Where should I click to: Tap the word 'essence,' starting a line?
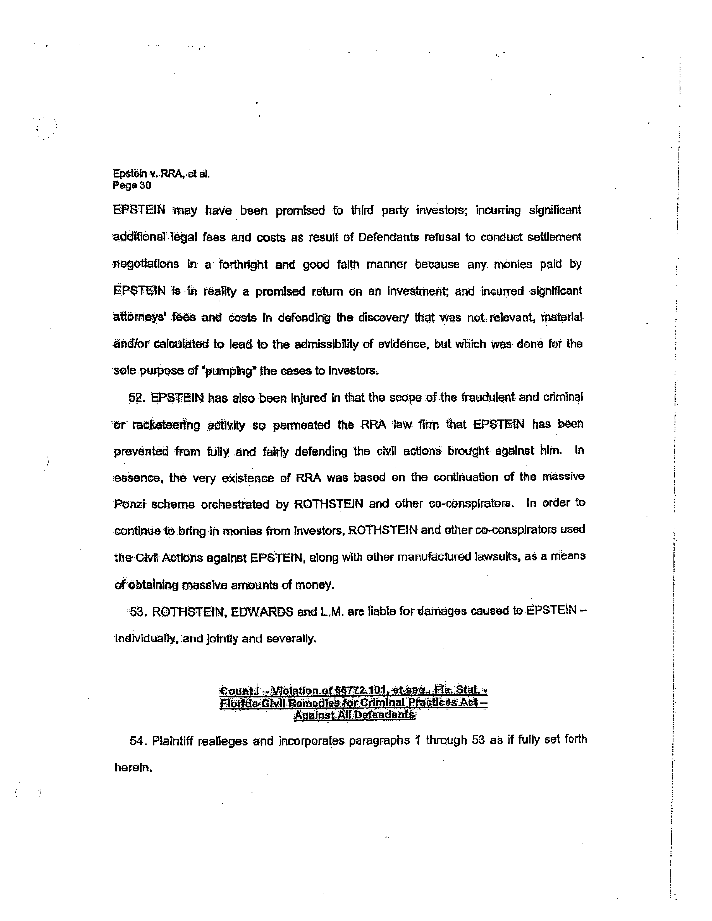tap(138, 478)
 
